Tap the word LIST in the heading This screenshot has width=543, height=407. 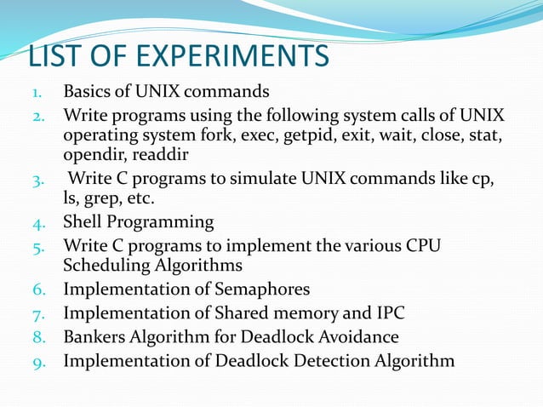[x=59, y=57]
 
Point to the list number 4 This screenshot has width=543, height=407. [x=39, y=224]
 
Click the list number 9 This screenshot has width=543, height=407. [x=39, y=361]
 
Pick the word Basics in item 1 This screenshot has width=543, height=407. [x=89, y=91]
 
